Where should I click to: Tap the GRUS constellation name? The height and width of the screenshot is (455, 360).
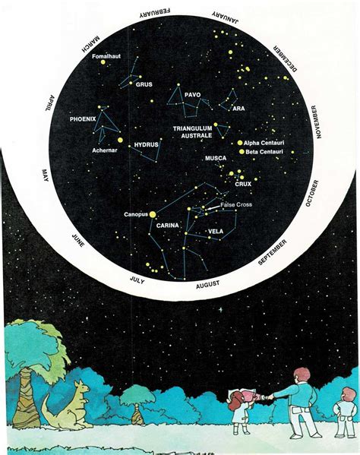(144, 84)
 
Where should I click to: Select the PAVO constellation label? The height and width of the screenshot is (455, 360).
(192, 95)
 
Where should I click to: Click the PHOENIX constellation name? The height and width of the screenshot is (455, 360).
(83, 119)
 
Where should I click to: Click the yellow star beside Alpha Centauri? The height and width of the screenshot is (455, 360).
(240, 142)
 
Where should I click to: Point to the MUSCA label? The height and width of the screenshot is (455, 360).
(216, 159)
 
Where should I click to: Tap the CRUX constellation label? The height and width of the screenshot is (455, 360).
(243, 184)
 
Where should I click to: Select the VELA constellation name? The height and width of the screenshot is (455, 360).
(215, 231)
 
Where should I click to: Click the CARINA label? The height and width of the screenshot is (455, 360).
(167, 226)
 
